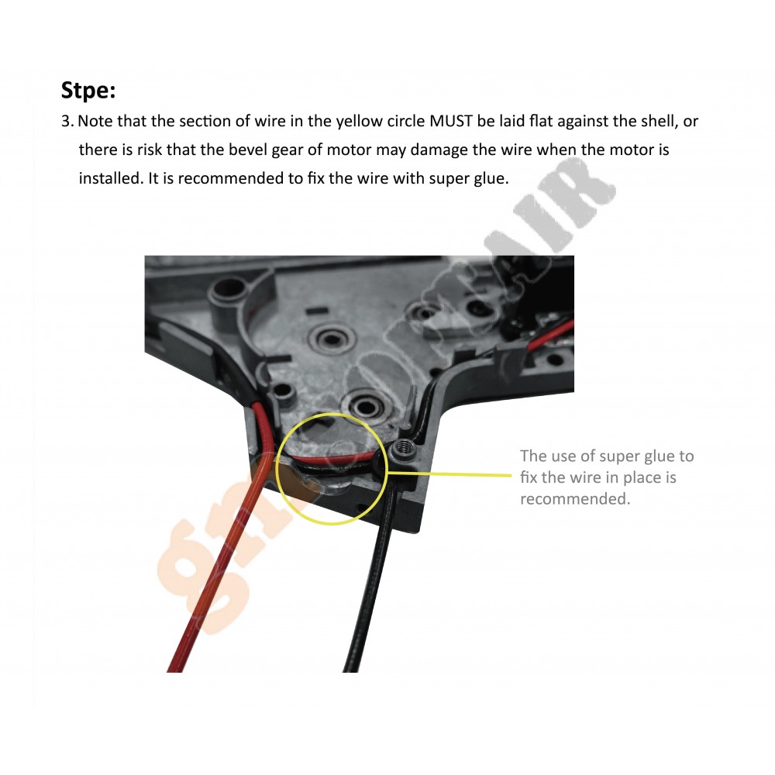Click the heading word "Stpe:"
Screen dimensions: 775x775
tap(88, 90)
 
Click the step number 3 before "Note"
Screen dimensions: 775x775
tap(67, 122)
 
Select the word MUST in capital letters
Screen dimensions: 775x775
tap(451, 121)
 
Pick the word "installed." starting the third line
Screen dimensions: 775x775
tap(111, 178)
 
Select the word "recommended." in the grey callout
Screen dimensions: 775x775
tap(575, 498)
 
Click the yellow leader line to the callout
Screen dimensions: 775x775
tap(449, 475)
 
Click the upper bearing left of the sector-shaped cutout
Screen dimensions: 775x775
tap(332, 339)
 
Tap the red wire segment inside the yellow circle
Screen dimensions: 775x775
tap(336, 459)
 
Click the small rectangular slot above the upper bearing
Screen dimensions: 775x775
tap(317, 311)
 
